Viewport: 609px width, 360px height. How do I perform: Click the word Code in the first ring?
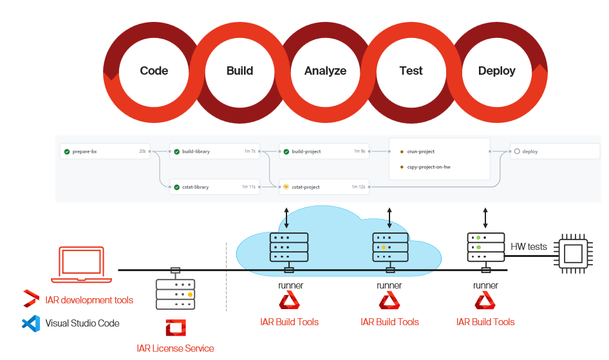(154, 71)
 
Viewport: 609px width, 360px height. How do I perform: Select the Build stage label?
(239, 71)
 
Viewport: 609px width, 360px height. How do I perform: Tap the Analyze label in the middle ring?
(325, 71)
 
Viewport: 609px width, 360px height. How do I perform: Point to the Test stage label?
(411, 71)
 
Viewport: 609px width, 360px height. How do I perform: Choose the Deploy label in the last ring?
(496, 71)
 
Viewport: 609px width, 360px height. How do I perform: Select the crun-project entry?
(421, 152)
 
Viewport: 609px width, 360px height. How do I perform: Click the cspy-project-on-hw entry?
(428, 167)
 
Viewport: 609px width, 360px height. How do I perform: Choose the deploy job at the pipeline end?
(554, 152)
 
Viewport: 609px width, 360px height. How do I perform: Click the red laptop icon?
(81, 264)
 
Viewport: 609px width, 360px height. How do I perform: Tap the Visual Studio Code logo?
(31, 323)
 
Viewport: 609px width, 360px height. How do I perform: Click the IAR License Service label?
(175, 348)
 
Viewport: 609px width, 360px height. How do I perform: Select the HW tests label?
(529, 247)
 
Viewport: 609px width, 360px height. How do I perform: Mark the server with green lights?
(485, 247)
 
